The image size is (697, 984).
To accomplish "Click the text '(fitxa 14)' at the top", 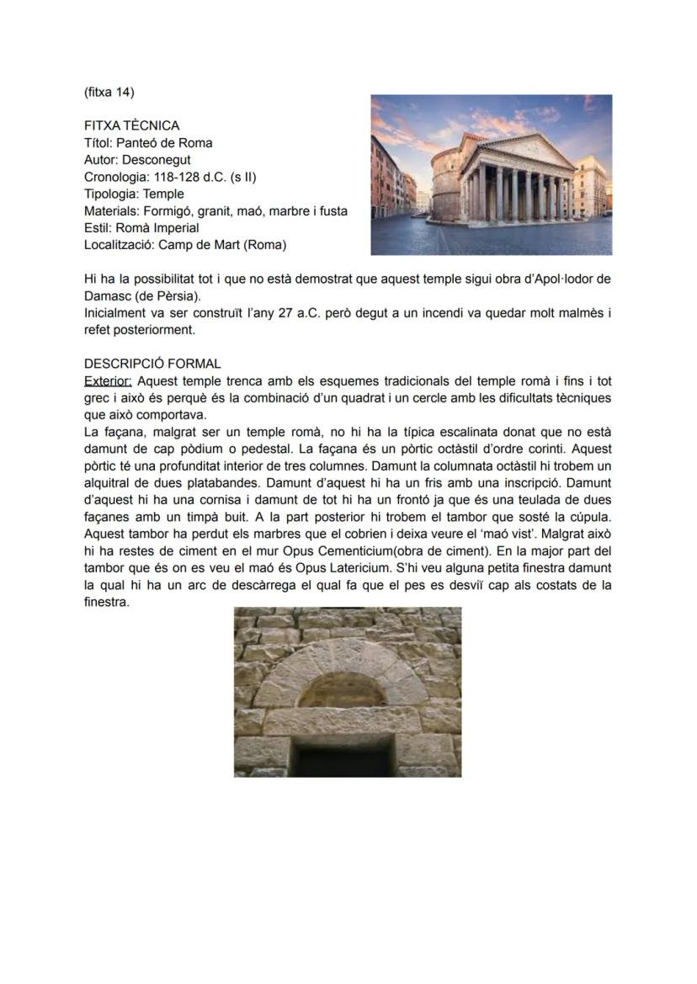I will (109, 92).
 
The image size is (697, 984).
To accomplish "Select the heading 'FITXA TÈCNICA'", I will (131, 125).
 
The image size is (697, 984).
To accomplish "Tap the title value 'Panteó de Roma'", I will (164, 142).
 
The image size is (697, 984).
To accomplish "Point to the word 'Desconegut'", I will (156, 159).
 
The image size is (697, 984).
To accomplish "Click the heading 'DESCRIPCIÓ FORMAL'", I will (152, 364).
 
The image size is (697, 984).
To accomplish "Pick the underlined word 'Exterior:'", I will (108, 381).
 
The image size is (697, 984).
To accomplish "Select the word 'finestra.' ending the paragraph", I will (107, 602).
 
